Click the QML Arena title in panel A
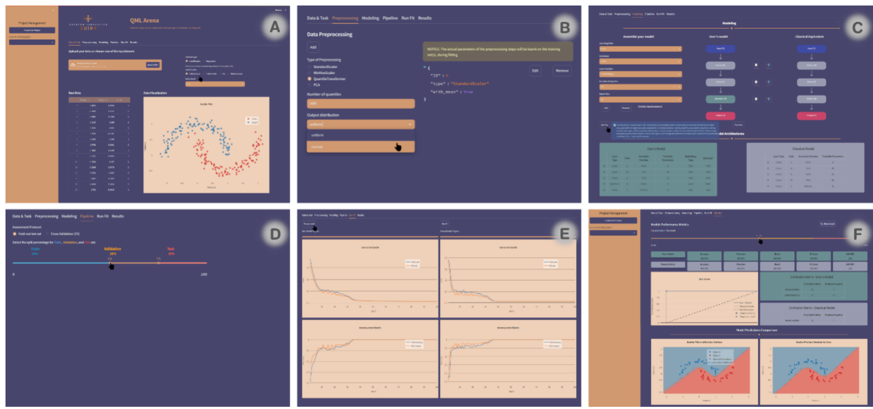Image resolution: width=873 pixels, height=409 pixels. coord(144,20)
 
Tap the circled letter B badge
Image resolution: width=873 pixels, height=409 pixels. coord(565,27)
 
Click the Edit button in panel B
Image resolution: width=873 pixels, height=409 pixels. coord(535,70)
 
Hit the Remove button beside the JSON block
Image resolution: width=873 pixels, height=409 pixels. coord(562,70)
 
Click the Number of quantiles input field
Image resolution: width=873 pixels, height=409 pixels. coord(360,103)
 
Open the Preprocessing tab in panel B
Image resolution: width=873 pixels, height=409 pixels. coord(345,18)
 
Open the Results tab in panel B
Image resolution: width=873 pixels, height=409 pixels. coord(424,18)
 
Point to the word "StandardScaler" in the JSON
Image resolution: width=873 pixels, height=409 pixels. coord(469,84)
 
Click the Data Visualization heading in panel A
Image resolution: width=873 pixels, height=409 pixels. coord(155,93)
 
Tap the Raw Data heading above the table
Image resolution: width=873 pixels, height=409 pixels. coord(74,93)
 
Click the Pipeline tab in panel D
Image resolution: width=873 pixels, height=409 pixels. coord(87,216)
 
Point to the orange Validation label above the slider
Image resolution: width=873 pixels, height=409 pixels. coord(112,249)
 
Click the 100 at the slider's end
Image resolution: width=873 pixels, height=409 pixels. coord(204,274)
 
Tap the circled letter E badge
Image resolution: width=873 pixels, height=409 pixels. coord(565,234)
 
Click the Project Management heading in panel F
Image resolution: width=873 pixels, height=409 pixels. coord(613,213)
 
